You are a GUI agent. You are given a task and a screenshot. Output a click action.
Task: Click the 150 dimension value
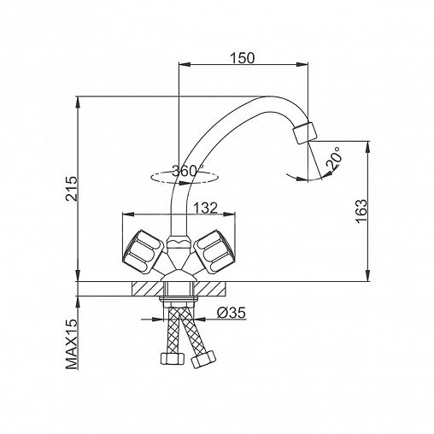click(x=242, y=58)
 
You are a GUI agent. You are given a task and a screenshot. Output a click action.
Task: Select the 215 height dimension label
click(x=72, y=189)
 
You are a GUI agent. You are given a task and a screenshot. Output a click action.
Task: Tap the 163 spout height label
click(x=361, y=211)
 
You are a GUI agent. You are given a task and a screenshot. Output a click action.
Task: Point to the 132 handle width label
click(x=205, y=208)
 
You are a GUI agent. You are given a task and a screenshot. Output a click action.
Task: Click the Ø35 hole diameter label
click(x=232, y=313)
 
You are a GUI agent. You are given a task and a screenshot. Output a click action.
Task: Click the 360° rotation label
click(x=188, y=171)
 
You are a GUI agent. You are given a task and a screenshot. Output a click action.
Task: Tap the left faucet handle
click(x=143, y=252)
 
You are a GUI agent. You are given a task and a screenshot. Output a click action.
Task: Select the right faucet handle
click(x=214, y=251)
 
